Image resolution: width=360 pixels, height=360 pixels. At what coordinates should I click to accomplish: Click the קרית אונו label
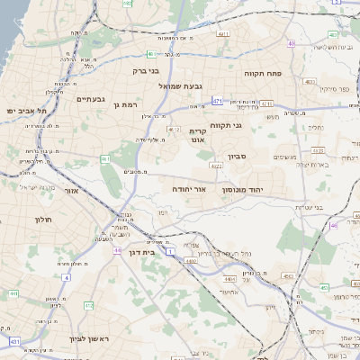197,134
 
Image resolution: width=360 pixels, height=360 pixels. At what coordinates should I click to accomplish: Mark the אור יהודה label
190,191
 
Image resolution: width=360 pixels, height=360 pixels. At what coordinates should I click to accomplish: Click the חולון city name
44,220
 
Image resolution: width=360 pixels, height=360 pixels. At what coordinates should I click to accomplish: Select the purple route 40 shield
291,43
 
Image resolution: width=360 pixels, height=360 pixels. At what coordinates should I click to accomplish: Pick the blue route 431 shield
14,342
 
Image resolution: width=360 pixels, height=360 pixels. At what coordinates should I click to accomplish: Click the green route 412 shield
88,307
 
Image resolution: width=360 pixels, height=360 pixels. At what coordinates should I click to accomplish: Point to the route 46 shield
334,226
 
